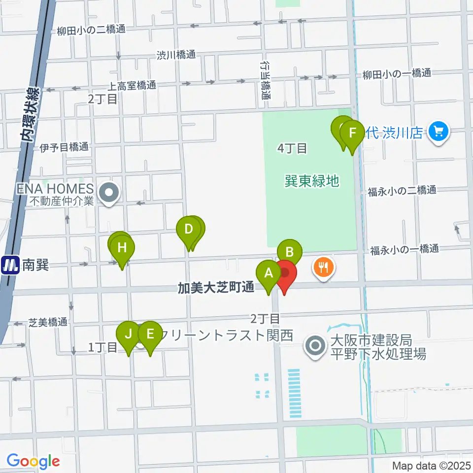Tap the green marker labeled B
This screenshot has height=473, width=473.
[290, 252]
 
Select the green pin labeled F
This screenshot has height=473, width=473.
[352, 134]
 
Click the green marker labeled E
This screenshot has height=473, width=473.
[150, 334]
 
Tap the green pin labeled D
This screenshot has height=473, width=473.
[188, 230]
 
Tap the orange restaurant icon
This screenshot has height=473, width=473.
[323, 268]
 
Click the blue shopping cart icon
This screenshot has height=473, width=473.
[437, 132]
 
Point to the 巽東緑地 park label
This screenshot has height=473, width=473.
[312, 181]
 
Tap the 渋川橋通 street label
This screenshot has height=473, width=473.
[176, 55]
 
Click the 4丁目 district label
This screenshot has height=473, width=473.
[293, 147]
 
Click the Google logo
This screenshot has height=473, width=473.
[33, 461]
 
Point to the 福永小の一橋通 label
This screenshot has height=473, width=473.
[404, 249]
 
